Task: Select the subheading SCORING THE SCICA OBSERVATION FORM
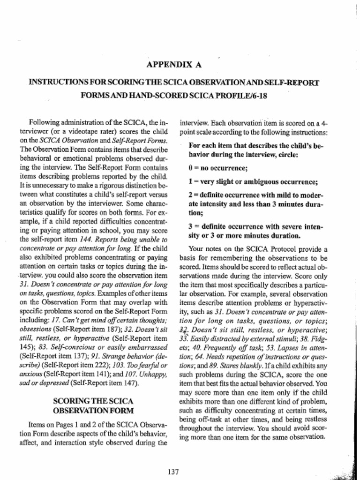93,405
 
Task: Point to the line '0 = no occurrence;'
218,168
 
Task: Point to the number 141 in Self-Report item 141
105,374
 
